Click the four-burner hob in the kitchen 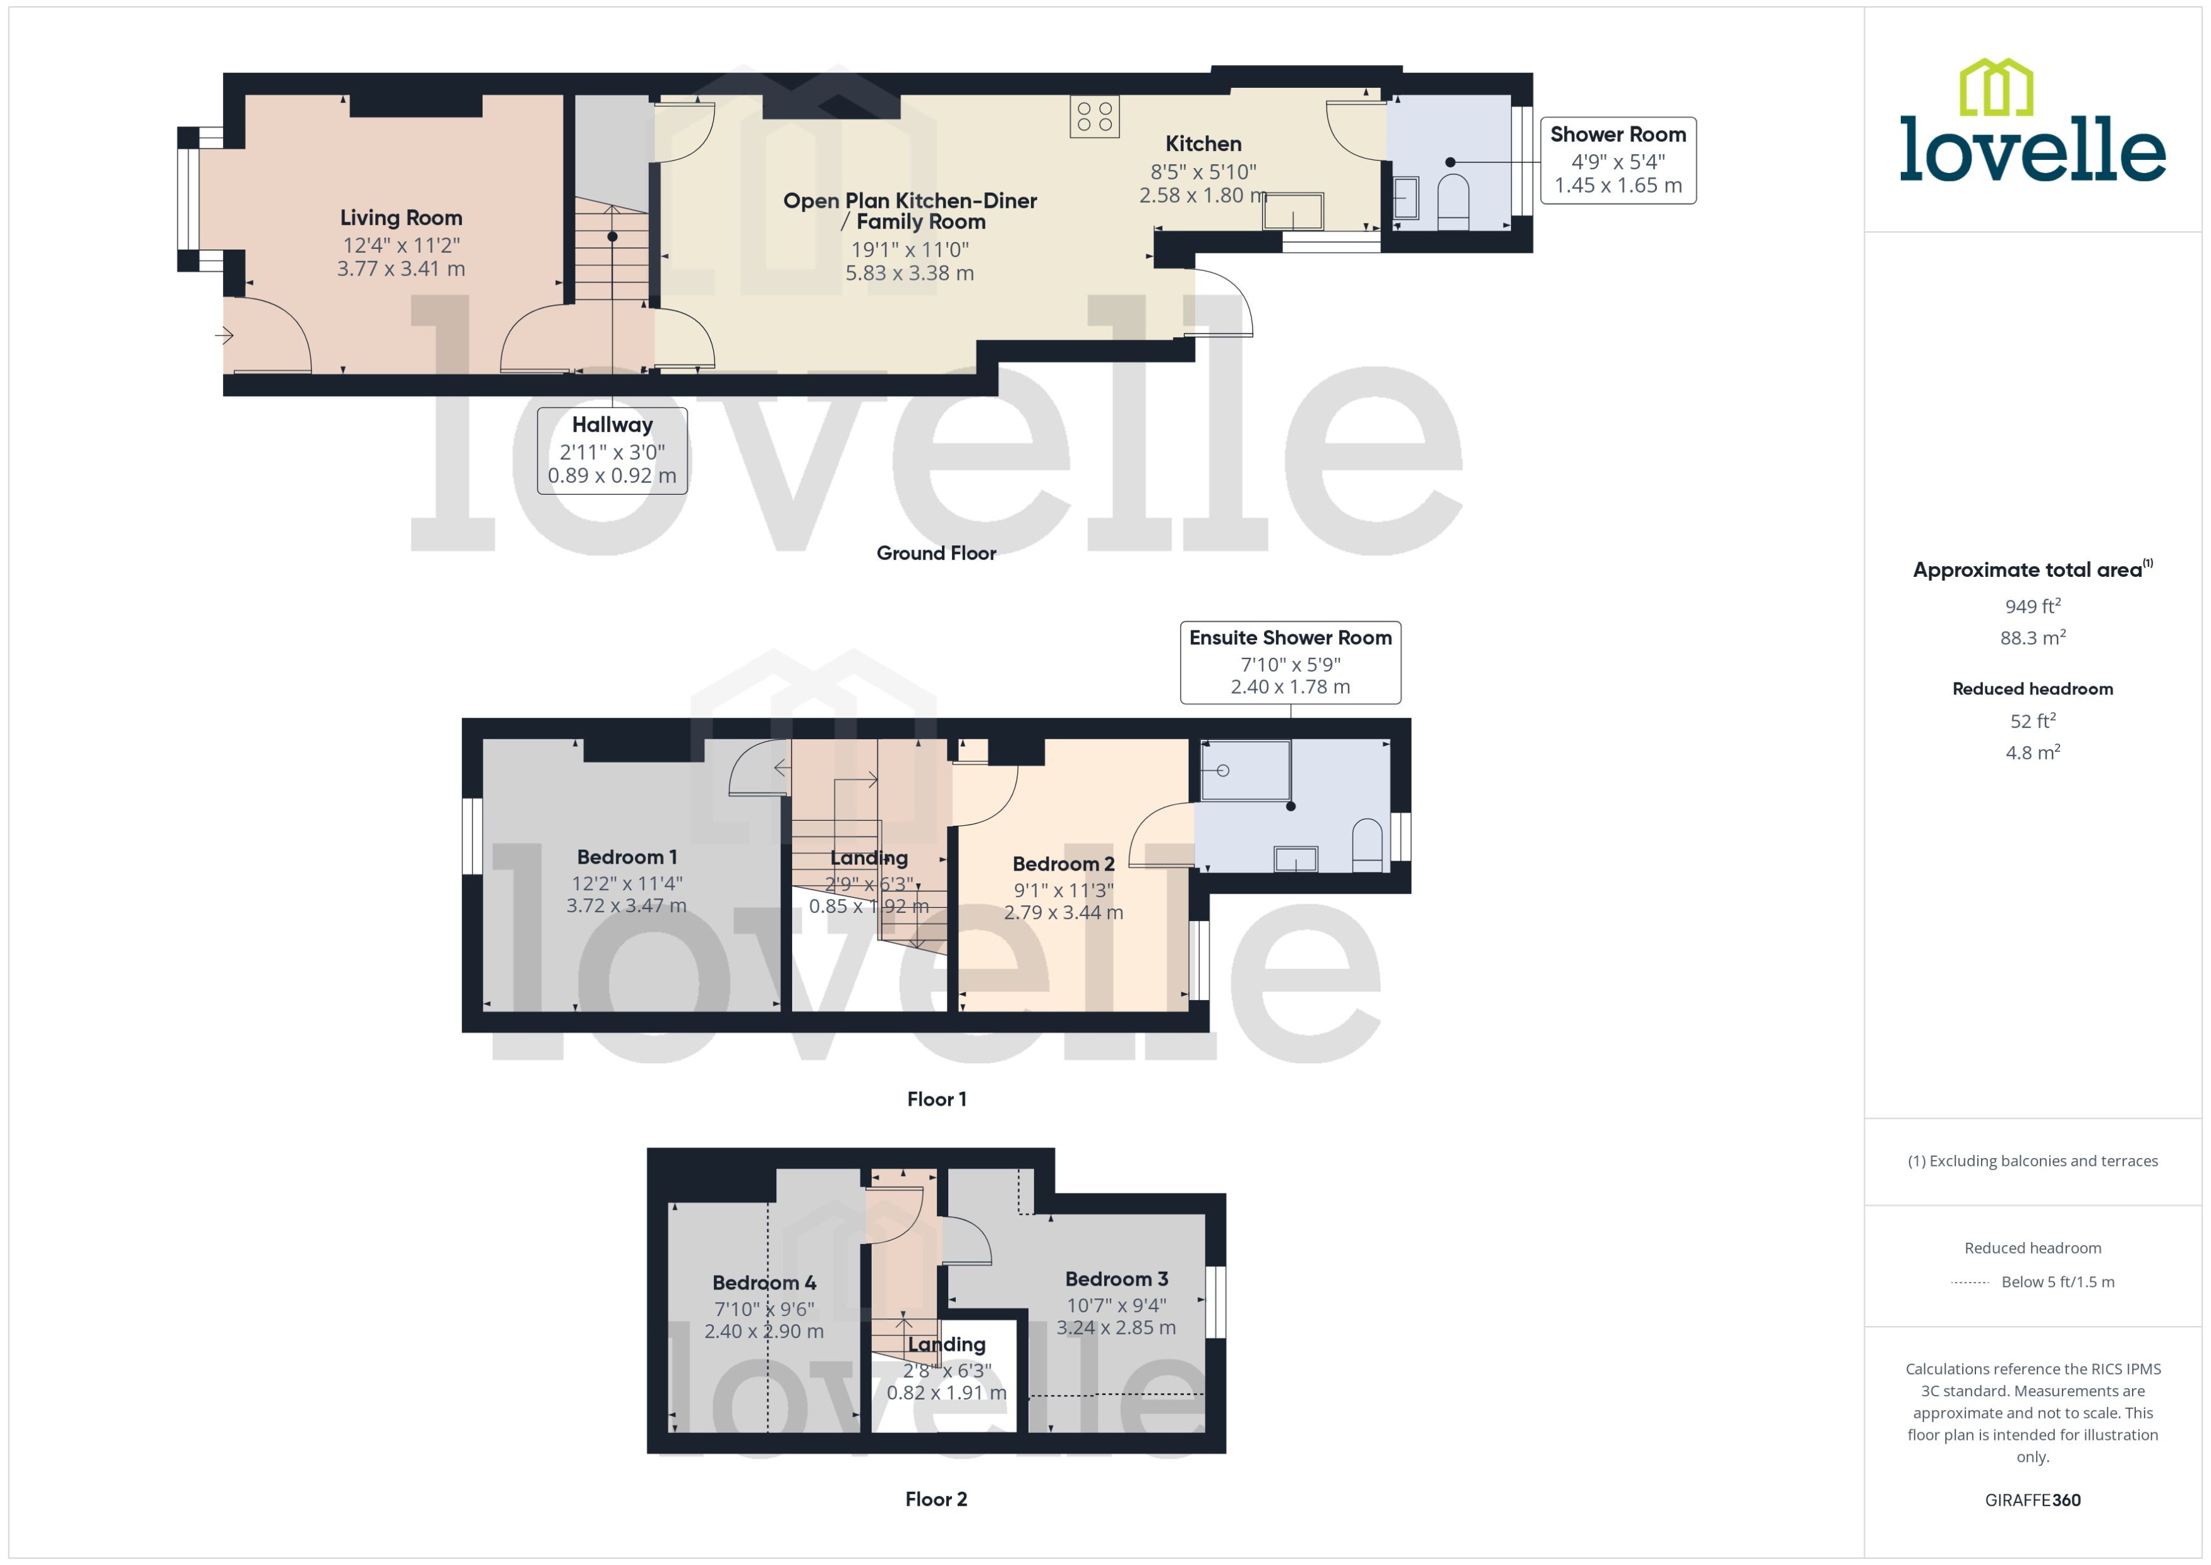[x=1094, y=118]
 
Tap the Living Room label [x=401, y=218]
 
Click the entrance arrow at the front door [x=224, y=335]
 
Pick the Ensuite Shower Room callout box [x=1290, y=662]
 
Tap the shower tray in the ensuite [x=1246, y=770]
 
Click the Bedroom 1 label [x=626, y=857]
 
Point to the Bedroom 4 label [x=764, y=1283]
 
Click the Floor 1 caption [x=936, y=1099]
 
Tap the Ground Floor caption [x=936, y=553]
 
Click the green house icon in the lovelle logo [x=1996, y=87]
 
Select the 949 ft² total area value [x=2032, y=606]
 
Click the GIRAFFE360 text [x=2032, y=1499]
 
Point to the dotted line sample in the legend [x=1969, y=1283]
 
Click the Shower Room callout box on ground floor [x=1618, y=160]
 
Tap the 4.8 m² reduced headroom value [x=2032, y=752]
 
